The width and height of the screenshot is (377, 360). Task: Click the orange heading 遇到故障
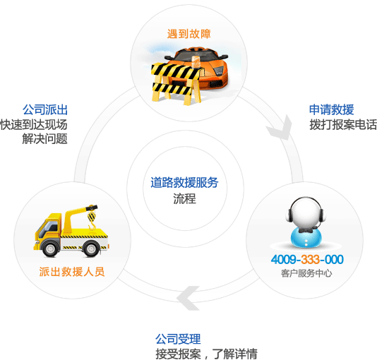[x=189, y=34]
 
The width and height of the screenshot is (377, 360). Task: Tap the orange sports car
[x=201, y=66]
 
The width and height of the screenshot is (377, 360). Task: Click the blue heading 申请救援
[x=331, y=110]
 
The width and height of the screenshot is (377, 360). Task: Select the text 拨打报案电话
[x=343, y=125]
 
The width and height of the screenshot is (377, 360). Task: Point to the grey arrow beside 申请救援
[x=280, y=128]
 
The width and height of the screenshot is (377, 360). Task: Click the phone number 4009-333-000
[x=307, y=260]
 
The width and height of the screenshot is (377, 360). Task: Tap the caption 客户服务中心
[x=306, y=273]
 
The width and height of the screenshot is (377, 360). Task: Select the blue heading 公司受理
[x=178, y=339]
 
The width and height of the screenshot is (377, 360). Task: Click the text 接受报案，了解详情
[x=207, y=354]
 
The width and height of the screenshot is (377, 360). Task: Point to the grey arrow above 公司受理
[x=188, y=298]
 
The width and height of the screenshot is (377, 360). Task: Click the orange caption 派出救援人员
[x=72, y=272]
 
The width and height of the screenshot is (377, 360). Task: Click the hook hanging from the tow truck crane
[x=92, y=221]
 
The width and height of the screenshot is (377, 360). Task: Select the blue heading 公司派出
[x=45, y=110]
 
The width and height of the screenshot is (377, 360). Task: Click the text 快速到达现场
[x=34, y=125]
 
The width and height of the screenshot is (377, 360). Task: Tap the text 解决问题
[x=45, y=139]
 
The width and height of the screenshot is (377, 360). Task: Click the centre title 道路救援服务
[x=184, y=183]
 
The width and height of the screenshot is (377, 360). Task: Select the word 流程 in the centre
[x=185, y=199]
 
